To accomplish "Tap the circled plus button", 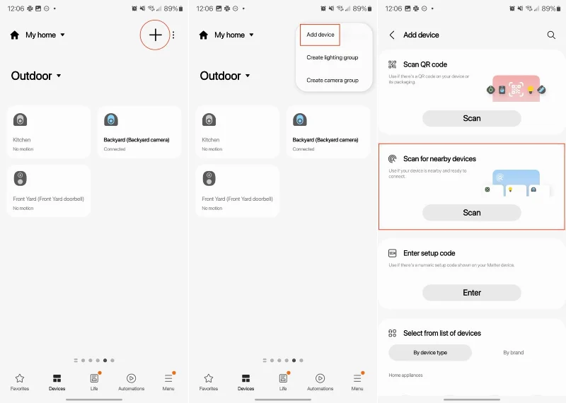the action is click(155, 35).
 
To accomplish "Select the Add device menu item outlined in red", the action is click(320, 35).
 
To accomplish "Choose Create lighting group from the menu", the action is click(332, 57).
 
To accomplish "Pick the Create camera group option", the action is click(332, 80).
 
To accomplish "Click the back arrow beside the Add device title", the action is click(392, 35).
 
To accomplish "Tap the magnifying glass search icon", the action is click(551, 35).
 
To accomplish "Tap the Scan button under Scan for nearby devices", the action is click(471, 213).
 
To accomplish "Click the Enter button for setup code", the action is click(471, 293).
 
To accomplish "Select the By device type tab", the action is click(430, 353).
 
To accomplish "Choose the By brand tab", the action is click(513, 353).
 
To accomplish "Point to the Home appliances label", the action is click(405, 375).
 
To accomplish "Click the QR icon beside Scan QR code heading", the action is click(392, 64).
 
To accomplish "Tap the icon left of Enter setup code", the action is click(392, 253).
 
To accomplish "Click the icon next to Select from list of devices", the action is click(392, 333).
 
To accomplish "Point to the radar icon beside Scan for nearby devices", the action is click(392, 159).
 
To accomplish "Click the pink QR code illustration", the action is click(516, 88).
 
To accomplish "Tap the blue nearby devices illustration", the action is click(516, 183).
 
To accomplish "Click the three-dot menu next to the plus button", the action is click(173, 35).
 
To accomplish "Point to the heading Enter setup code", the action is click(429, 253).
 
